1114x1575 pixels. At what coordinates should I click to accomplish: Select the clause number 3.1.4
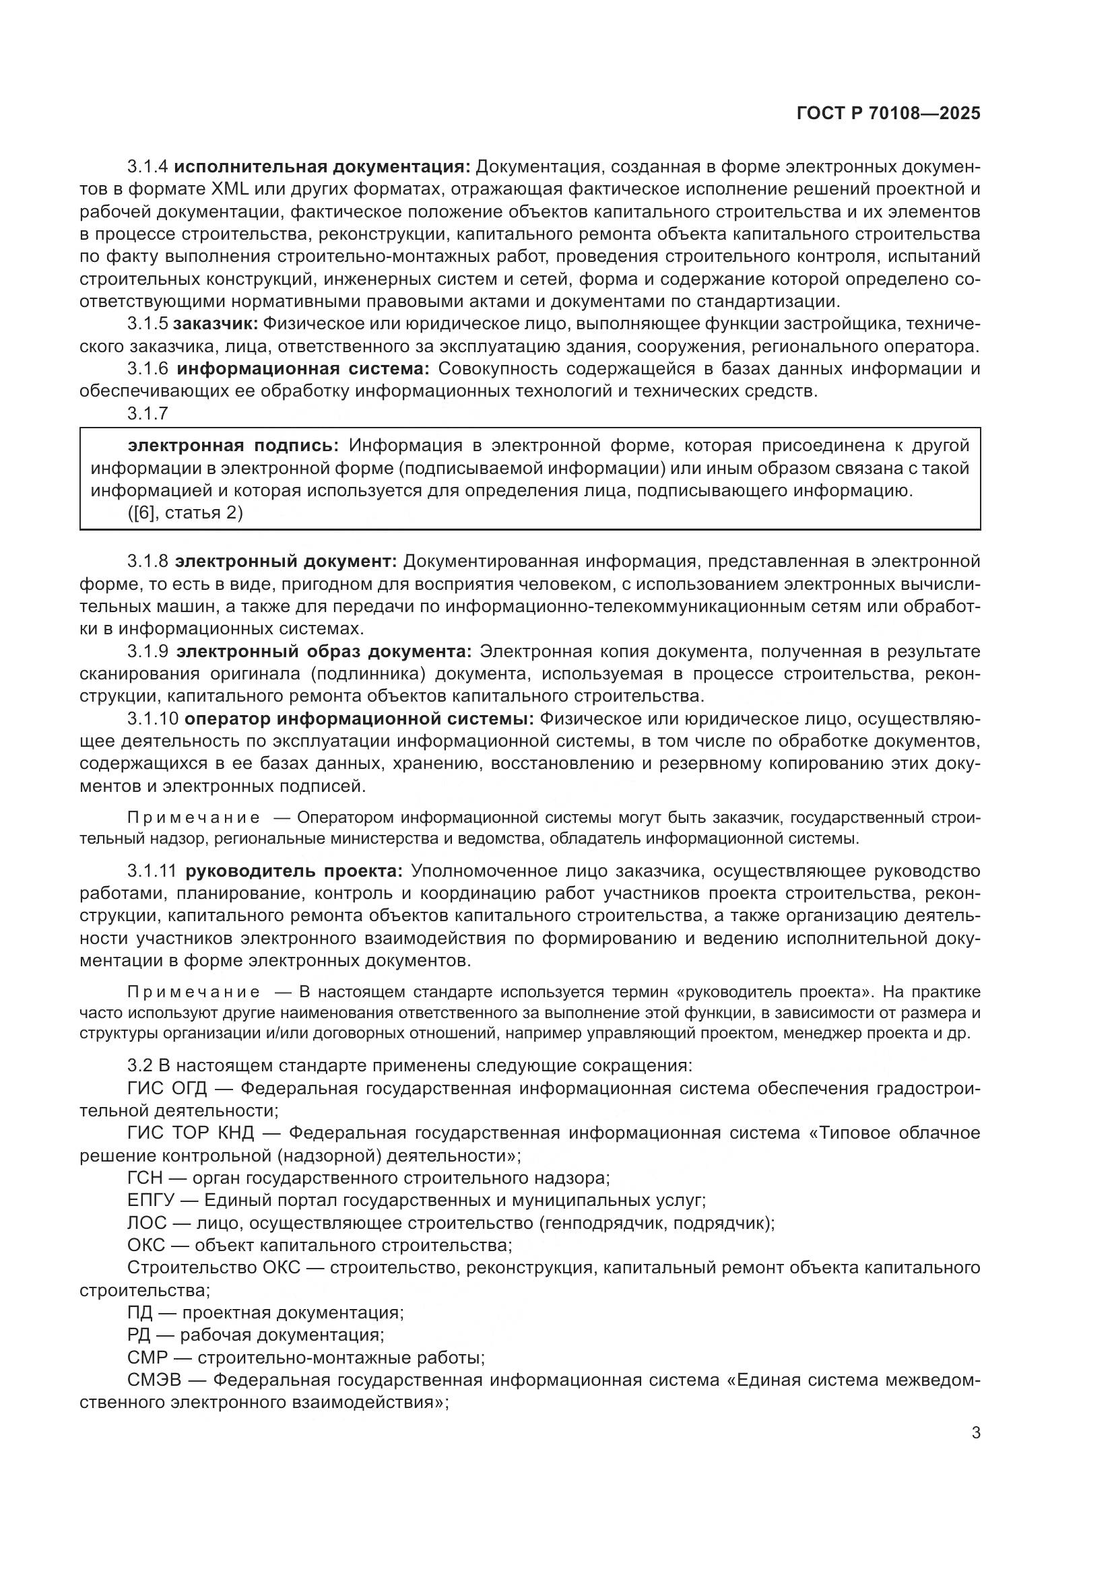(148, 167)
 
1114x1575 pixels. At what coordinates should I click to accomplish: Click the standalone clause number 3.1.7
(148, 413)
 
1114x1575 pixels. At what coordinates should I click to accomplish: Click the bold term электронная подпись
(233, 446)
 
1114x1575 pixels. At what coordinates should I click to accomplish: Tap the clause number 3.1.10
(152, 719)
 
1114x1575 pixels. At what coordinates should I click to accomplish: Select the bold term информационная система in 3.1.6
(302, 369)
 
